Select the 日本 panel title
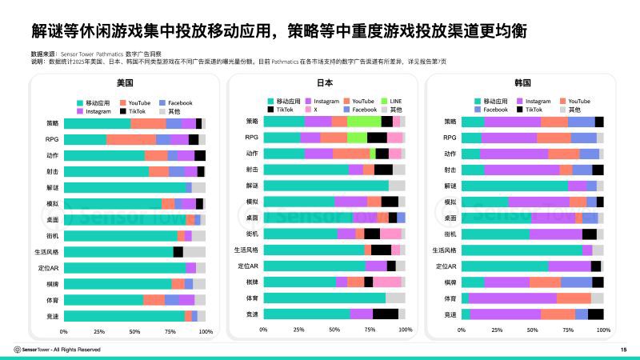325,83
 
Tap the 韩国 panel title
523,83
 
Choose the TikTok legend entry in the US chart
138,112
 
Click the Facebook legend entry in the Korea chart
495,110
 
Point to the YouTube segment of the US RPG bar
131,139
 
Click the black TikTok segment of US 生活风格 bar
178,251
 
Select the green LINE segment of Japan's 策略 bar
364,121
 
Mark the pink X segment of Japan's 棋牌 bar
387,282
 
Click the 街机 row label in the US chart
50,235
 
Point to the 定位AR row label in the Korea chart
446,266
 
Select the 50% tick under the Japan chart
334,330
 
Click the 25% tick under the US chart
99,331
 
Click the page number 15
623,350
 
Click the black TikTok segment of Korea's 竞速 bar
595,314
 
